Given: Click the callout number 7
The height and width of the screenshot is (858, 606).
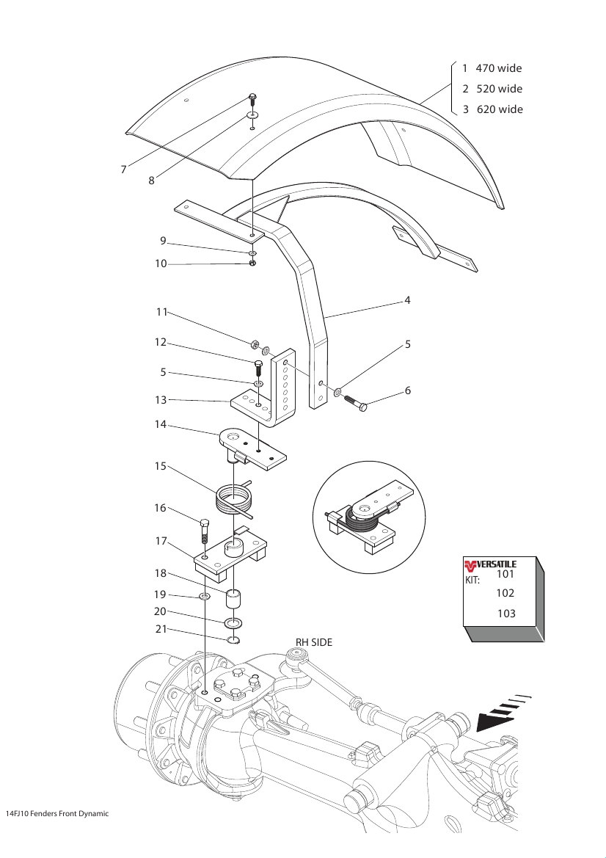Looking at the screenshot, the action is coord(123,170).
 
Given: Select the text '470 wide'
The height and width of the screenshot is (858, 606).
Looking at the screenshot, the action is coord(499,68).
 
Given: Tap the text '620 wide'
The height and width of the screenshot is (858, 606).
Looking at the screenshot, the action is coord(500,109).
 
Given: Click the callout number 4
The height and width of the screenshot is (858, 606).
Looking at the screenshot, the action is coord(407,300).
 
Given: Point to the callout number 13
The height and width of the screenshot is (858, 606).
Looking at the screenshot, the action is coord(160,400).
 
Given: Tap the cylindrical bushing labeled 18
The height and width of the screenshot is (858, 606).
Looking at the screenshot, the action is coord(233,599).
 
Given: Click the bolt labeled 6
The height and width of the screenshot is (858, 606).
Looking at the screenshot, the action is coord(356,402).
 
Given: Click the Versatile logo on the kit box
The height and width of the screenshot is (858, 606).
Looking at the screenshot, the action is coord(490,564).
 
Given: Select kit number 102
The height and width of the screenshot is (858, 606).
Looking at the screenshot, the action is coord(505,593).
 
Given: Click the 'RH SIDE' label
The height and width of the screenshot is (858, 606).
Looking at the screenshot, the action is coord(314,642).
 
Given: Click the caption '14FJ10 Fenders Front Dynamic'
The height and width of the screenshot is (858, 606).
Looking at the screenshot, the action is coord(57,814).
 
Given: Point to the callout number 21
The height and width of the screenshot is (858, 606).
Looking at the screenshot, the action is coord(160,629).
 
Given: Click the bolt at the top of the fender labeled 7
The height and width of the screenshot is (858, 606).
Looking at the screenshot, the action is coord(252,100).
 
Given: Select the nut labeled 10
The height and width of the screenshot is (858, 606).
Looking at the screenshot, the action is coord(252,263).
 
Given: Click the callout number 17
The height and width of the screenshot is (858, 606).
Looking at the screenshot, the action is coord(160,541).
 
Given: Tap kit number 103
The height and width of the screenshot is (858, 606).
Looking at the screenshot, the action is coord(506,614).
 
